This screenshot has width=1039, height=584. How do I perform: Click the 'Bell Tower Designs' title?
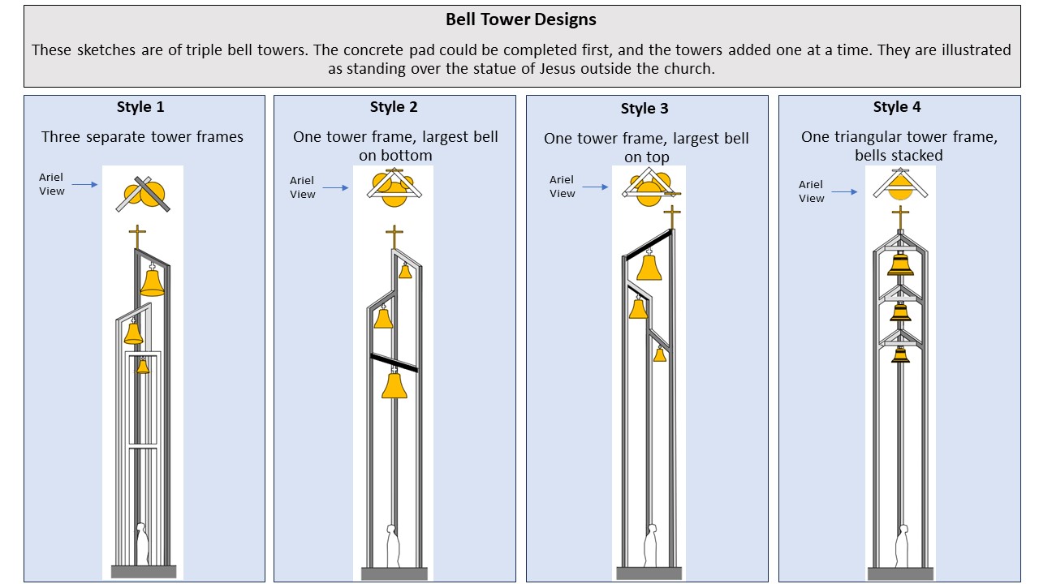pyautogui.click(x=520, y=19)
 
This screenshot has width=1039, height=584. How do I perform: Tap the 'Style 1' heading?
pyautogui.click(x=140, y=107)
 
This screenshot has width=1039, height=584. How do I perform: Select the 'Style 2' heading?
pyautogui.click(x=394, y=107)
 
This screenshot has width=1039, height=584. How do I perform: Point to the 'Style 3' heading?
pyautogui.click(x=645, y=109)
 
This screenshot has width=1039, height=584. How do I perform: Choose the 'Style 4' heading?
pyautogui.click(x=897, y=107)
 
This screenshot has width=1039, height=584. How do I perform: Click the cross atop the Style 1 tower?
pyautogui.click(x=137, y=237)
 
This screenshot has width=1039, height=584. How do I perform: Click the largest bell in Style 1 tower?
pyautogui.click(x=152, y=281)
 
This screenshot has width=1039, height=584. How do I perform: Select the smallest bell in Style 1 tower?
pyautogui.click(x=143, y=366)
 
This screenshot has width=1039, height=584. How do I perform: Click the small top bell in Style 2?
pyautogui.click(x=405, y=270)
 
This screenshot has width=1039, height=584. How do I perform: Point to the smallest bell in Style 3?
pyautogui.click(x=660, y=354)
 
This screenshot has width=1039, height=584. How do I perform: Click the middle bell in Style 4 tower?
pyautogui.click(x=900, y=312)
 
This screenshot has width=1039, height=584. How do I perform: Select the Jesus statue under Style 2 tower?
pyautogui.click(x=393, y=546)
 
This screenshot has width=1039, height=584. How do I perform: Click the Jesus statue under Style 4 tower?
pyautogui.click(x=902, y=546)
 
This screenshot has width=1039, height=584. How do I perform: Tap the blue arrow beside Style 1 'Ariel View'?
pyautogui.click(x=85, y=184)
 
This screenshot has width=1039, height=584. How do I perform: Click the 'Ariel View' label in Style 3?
pyautogui.click(x=563, y=187)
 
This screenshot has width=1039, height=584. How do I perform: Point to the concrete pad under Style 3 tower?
pyautogui.click(x=649, y=573)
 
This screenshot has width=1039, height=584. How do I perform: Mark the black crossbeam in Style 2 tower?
pyautogui.click(x=394, y=363)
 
